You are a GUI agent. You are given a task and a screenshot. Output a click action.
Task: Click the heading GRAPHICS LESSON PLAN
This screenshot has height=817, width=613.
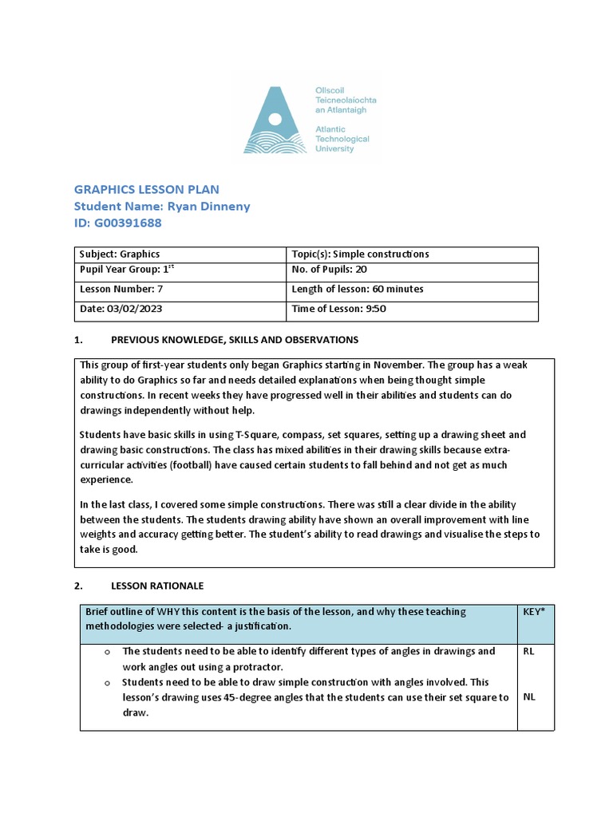[146, 189]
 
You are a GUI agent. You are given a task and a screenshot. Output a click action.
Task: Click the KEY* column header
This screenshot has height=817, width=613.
[535, 612]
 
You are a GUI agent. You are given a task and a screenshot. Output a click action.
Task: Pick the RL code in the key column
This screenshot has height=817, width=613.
[529, 651]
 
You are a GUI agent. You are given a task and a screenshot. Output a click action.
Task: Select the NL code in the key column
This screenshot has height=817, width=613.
[529, 697]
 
